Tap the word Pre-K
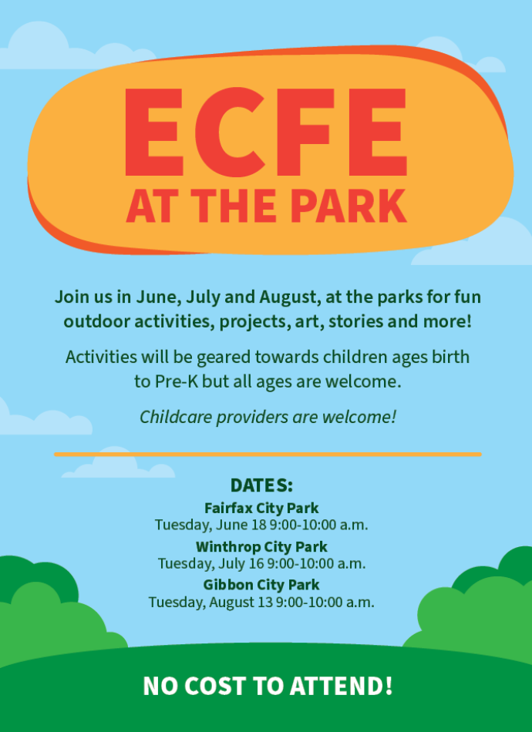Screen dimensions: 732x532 (x=175, y=381)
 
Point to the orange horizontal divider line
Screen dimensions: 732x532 (x=267, y=455)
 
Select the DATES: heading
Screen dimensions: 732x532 (x=261, y=485)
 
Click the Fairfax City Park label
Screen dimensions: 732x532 (x=261, y=509)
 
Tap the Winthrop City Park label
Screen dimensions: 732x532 (x=261, y=547)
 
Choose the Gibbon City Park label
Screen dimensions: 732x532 (x=261, y=585)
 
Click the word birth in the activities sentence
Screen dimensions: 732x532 (x=450, y=358)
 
